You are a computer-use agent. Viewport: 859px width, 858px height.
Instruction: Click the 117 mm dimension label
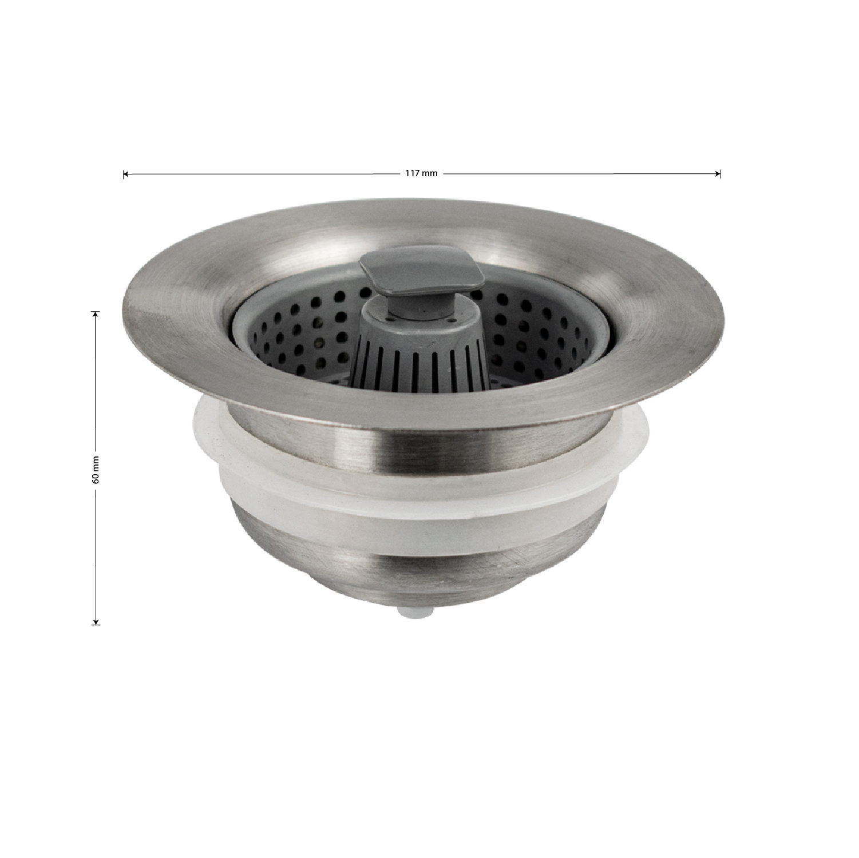(x=421, y=173)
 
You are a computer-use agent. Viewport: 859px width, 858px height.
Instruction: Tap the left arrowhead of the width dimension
(x=126, y=174)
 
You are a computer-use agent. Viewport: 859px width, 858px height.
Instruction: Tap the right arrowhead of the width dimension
(x=718, y=174)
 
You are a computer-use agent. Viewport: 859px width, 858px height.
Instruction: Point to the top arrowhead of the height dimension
(x=96, y=314)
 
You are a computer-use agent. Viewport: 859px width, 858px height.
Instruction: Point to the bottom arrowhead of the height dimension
(x=96, y=621)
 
